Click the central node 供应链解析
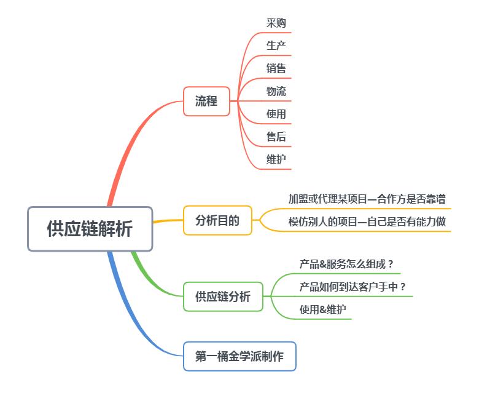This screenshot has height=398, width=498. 90,229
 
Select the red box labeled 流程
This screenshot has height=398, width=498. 206,101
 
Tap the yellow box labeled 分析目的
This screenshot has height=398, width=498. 217,220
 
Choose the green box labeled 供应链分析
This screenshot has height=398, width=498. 223,297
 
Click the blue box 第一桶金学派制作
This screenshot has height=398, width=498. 239,356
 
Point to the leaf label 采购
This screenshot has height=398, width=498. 276,23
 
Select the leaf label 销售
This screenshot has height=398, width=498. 276,68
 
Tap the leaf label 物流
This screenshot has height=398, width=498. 276,91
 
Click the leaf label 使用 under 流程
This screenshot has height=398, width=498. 276,114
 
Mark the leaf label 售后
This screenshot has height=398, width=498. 276,137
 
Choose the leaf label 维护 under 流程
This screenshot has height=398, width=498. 276,159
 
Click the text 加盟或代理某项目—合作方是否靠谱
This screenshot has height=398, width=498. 367,199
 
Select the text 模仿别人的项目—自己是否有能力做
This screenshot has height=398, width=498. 367,221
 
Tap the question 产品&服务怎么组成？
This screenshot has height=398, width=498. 347,265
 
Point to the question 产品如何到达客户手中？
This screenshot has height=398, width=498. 353,287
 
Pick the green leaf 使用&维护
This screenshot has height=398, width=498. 322,309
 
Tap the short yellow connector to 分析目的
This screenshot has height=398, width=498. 168,221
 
